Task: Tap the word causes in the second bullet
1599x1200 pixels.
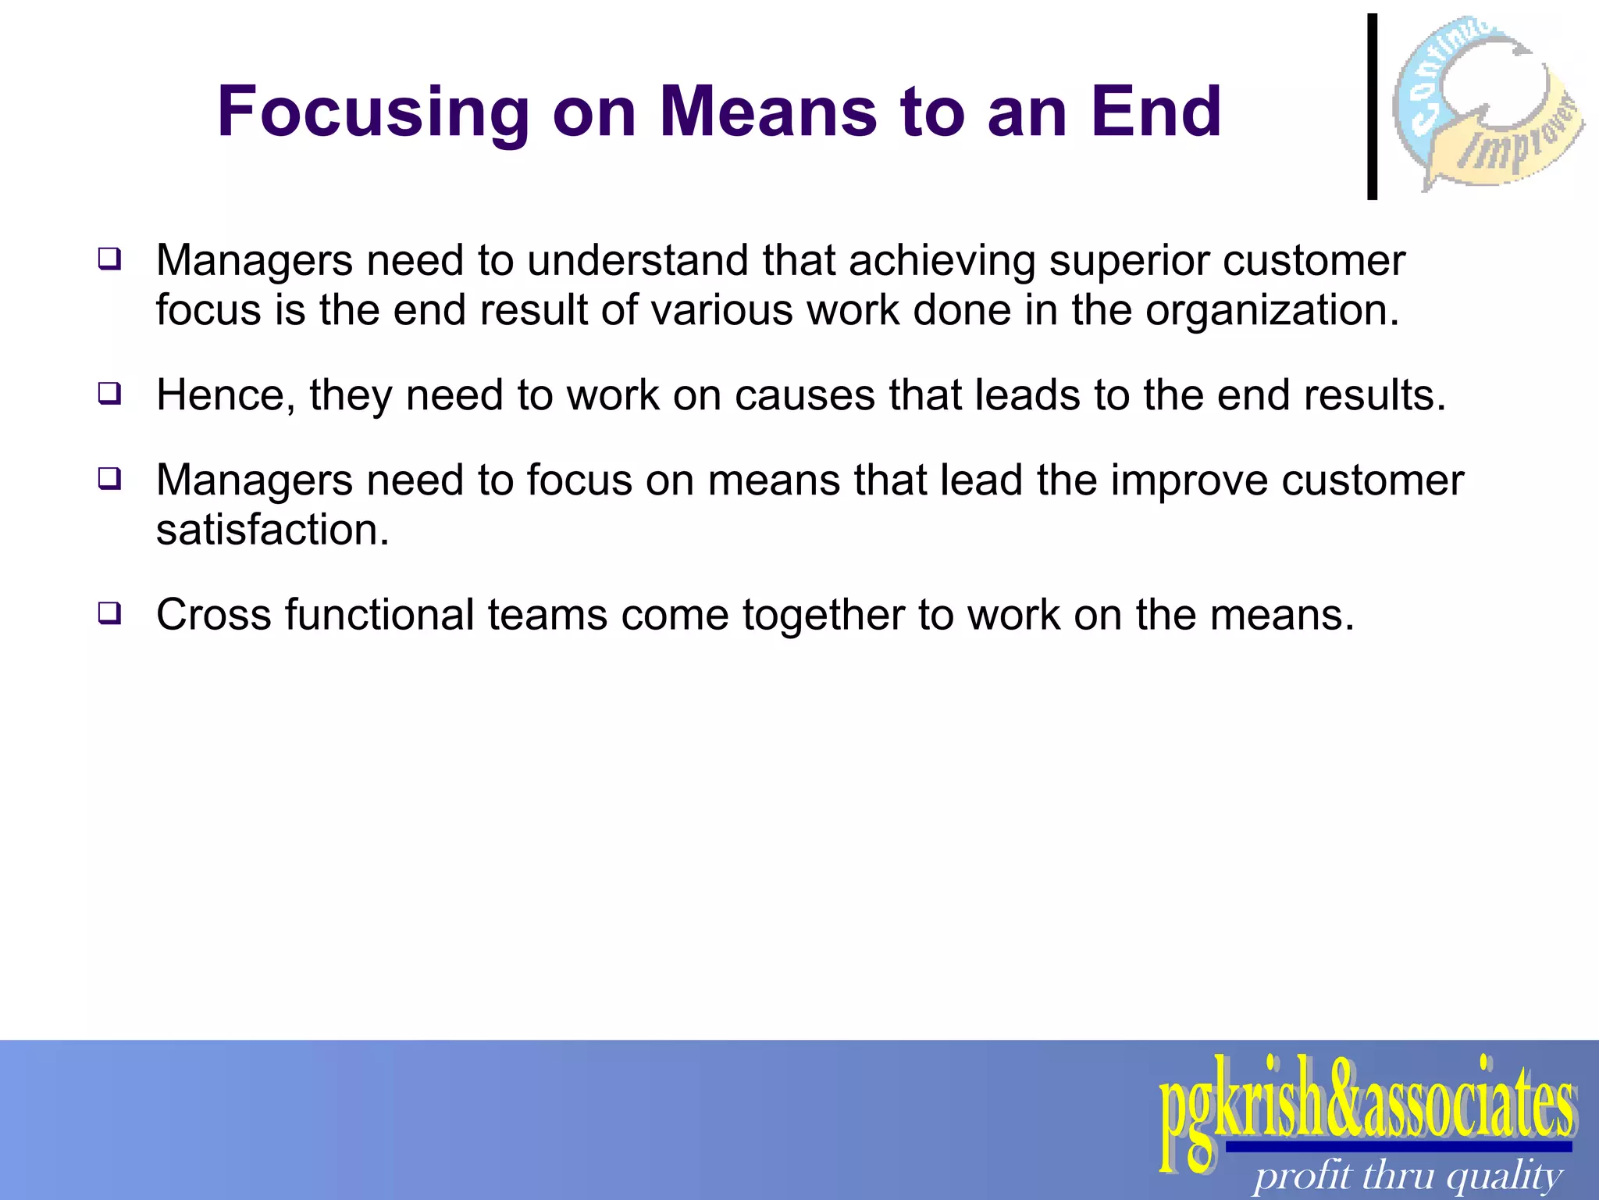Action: point(804,395)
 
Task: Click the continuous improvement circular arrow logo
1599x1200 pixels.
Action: point(1487,102)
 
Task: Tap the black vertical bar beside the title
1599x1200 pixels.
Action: point(1372,106)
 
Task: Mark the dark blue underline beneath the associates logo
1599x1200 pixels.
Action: point(1398,1147)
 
